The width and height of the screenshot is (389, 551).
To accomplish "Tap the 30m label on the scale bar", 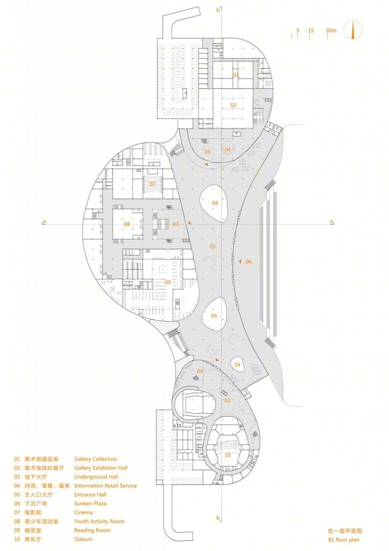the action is (331, 31).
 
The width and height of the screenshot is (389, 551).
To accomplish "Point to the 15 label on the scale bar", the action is (310, 31).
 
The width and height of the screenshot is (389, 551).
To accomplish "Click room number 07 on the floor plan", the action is (152, 184).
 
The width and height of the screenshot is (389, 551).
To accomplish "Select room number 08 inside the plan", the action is (127, 224).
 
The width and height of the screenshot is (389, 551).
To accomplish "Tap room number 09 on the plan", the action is (168, 282).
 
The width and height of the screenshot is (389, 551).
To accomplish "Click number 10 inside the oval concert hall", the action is (228, 455).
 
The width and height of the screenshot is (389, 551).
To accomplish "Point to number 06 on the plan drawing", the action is (249, 262).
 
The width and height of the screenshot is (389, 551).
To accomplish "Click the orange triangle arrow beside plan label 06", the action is (239, 262).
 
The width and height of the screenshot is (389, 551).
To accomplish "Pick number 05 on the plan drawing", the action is (213, 246).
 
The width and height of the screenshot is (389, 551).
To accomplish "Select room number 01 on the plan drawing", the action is (236, 75).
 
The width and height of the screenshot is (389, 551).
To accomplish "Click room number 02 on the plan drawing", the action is (234, 105).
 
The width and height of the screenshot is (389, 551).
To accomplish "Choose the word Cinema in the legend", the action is (83, 512).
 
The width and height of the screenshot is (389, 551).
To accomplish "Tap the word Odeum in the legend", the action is (83, 539).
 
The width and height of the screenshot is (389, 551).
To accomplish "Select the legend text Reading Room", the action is (92, 530).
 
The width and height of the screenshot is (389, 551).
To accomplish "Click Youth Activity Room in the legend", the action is (99, 521).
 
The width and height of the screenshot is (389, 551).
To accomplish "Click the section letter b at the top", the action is (218, 10).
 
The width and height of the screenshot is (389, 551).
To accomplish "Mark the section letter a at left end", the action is (44, 221).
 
